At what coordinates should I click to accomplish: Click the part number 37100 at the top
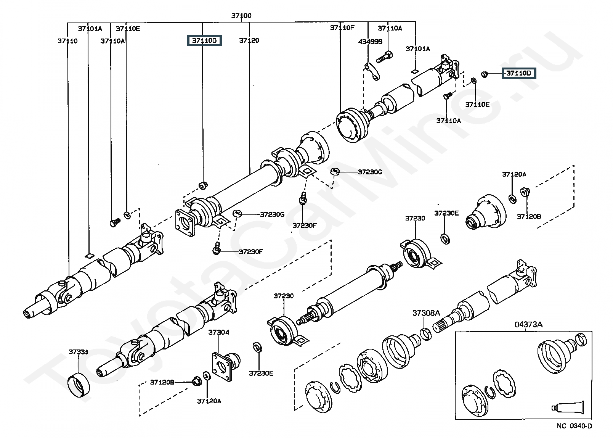tap(241, 16)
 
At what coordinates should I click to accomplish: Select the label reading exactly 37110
tap(67, 41)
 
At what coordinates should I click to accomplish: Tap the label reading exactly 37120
tap(249, 40)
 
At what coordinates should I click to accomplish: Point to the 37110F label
tap(342, 28)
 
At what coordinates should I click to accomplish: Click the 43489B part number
tap(370, 42)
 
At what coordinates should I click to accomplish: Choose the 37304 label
tap(219, 332)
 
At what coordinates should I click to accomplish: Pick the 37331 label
tap(79, 352)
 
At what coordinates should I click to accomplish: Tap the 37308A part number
tap(426, 313)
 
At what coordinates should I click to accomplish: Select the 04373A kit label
tap(528, 325)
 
